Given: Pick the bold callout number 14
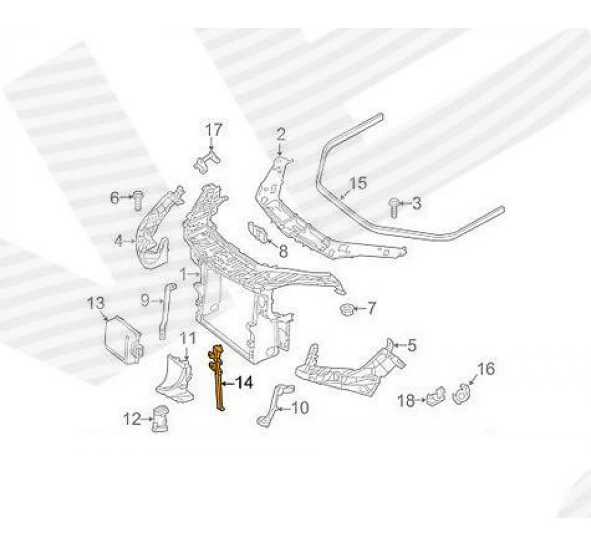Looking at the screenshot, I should click(243, 383).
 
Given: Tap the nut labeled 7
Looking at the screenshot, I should click(348, 309).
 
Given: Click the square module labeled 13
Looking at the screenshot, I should click(121, 336).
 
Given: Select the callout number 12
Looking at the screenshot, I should click(131, 419).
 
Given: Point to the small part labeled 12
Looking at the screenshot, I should click(160, 418).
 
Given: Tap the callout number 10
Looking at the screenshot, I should click(300, 407).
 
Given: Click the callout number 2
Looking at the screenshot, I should click(281, 134).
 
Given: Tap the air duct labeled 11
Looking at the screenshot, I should click(175, 376).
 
